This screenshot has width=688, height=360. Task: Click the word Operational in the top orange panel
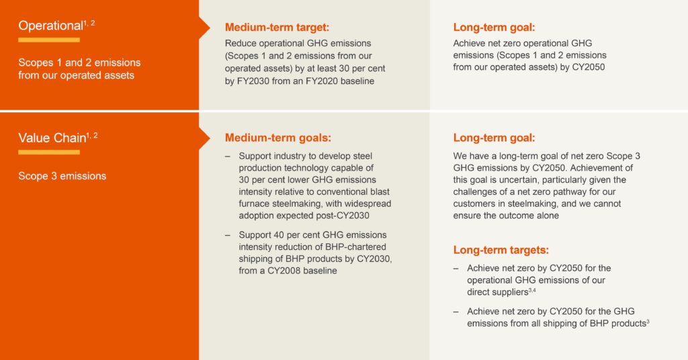[x=49, y=26]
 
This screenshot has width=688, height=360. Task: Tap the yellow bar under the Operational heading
[x=48, y=40]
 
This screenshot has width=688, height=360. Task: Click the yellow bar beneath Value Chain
[x=48, y=152]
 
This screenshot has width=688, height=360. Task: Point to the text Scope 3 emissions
[x=62, y=176]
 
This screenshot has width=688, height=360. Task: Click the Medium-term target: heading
[x=277, y=28]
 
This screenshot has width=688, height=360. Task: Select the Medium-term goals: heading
[x=277, y=138]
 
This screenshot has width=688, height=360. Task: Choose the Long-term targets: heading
[x=501, y=250]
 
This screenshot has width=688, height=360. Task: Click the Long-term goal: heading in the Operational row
[x=494, y=28]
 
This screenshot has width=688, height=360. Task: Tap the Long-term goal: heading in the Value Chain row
[x=494, y=138]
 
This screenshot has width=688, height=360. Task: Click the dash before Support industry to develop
[x=228, y=155]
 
